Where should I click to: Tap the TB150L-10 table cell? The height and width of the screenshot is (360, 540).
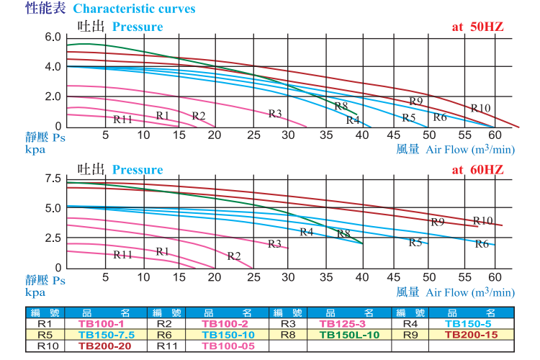(x=348, y=335)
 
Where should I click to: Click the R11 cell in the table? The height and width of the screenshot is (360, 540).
(x=168, y=346)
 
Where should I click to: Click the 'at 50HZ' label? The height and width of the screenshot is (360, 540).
(x=477, y=27)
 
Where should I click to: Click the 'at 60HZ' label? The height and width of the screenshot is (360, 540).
(x=477, y=169)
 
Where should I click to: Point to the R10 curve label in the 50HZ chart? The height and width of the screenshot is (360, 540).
(x=480, y=108)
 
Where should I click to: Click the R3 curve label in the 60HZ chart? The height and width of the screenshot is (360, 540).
(x=274, y=244)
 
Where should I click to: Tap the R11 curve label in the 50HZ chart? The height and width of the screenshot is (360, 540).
(x=123, y=119)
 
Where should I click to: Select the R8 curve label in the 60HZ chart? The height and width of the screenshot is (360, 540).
(x=343, y=233)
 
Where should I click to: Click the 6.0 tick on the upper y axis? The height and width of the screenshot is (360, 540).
(x=53, y=37)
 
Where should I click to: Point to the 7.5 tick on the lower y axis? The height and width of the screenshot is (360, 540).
(x=53, y=179)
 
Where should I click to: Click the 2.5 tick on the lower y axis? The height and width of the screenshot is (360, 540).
(x=53, y=238)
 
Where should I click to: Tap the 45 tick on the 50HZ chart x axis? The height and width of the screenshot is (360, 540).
(x=392, y=135)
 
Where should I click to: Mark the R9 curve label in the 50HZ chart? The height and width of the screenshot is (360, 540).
(x=415, y=101)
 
